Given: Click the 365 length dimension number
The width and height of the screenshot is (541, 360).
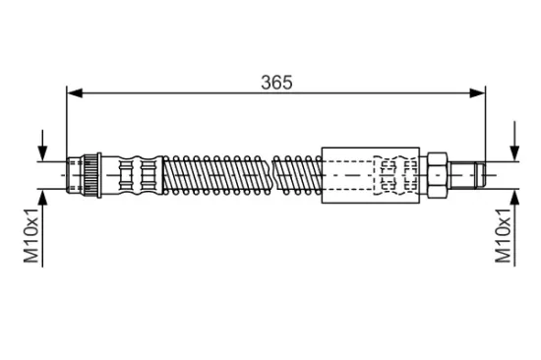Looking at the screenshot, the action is (x=276, y=83).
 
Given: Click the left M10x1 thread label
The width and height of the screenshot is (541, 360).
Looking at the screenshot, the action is (x=31, y=235).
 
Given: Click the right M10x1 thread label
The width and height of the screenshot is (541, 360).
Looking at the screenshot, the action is (x=503, y=235).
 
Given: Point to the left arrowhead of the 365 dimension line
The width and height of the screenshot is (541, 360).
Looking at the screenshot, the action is (x=75, y=92).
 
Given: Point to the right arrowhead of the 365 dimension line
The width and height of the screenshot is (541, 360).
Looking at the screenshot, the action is (x=477, y=92).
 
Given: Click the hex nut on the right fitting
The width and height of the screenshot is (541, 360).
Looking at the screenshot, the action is (x=438, y=175).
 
